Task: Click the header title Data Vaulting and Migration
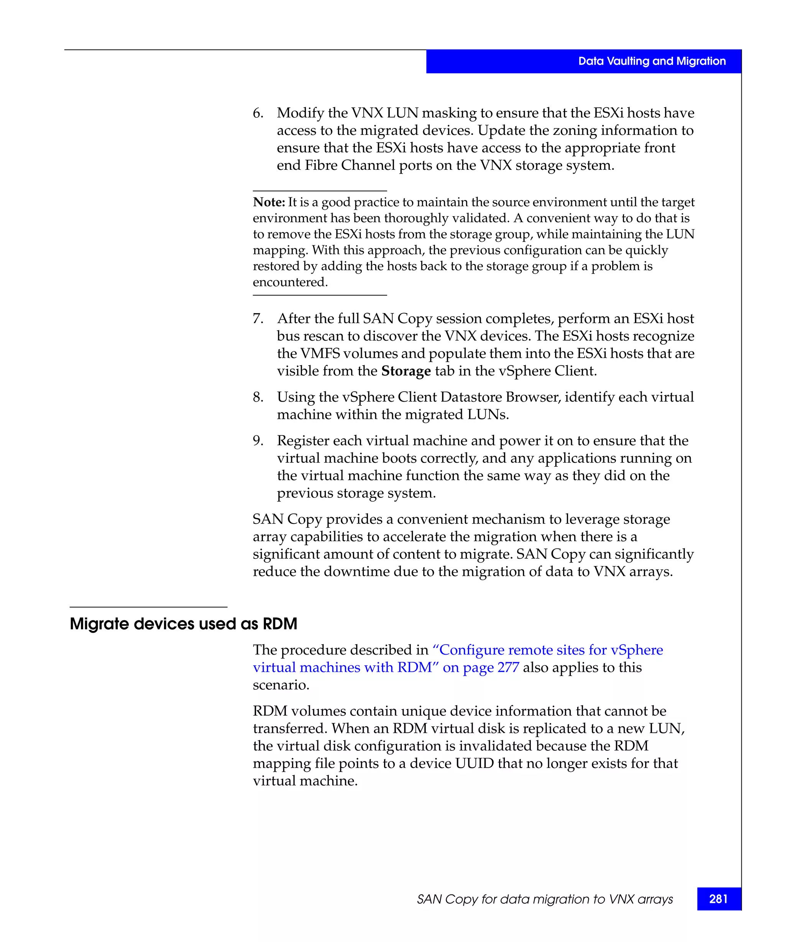click(x=651, y=61)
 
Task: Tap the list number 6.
click(x=258, y=113)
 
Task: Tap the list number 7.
click(x=258, y=318)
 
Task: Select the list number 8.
click(x=258, y=397)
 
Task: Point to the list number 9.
click(x=258, y=440)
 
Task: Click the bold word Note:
click(x=269, y=202)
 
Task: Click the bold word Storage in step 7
click(x=406, y=371)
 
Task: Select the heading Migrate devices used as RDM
click(x=184, y=624)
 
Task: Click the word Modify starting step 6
click(x=300, y=113)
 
